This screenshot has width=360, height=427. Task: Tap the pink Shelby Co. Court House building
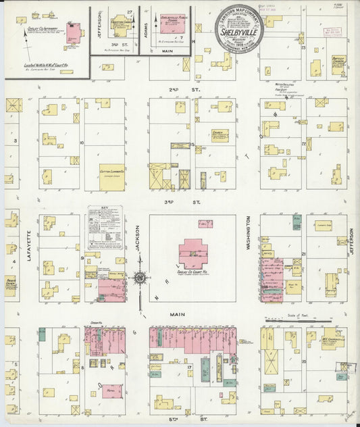click(193, 254)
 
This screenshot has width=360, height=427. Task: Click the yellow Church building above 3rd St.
click(219, 135)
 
